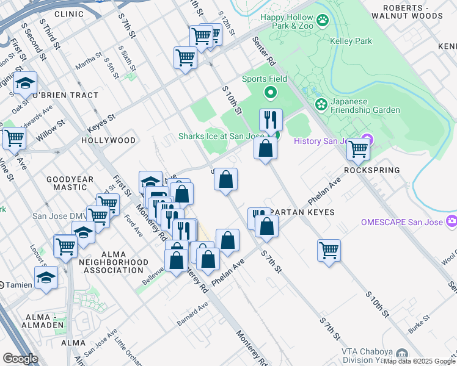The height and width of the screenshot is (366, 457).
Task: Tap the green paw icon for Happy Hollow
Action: coord(323,21)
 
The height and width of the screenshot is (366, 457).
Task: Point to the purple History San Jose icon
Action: coord(367,141)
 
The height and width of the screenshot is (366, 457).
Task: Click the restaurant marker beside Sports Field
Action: coord(271,119)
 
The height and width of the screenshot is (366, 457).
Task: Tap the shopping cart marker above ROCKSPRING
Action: coord(358,148)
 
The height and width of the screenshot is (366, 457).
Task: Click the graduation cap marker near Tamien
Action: coord(46,277)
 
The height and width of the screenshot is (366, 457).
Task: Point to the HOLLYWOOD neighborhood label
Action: coord(109,140)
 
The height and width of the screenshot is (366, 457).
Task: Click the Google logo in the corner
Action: coord(20,359)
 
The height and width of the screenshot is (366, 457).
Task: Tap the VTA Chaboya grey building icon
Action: coord(401,354)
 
